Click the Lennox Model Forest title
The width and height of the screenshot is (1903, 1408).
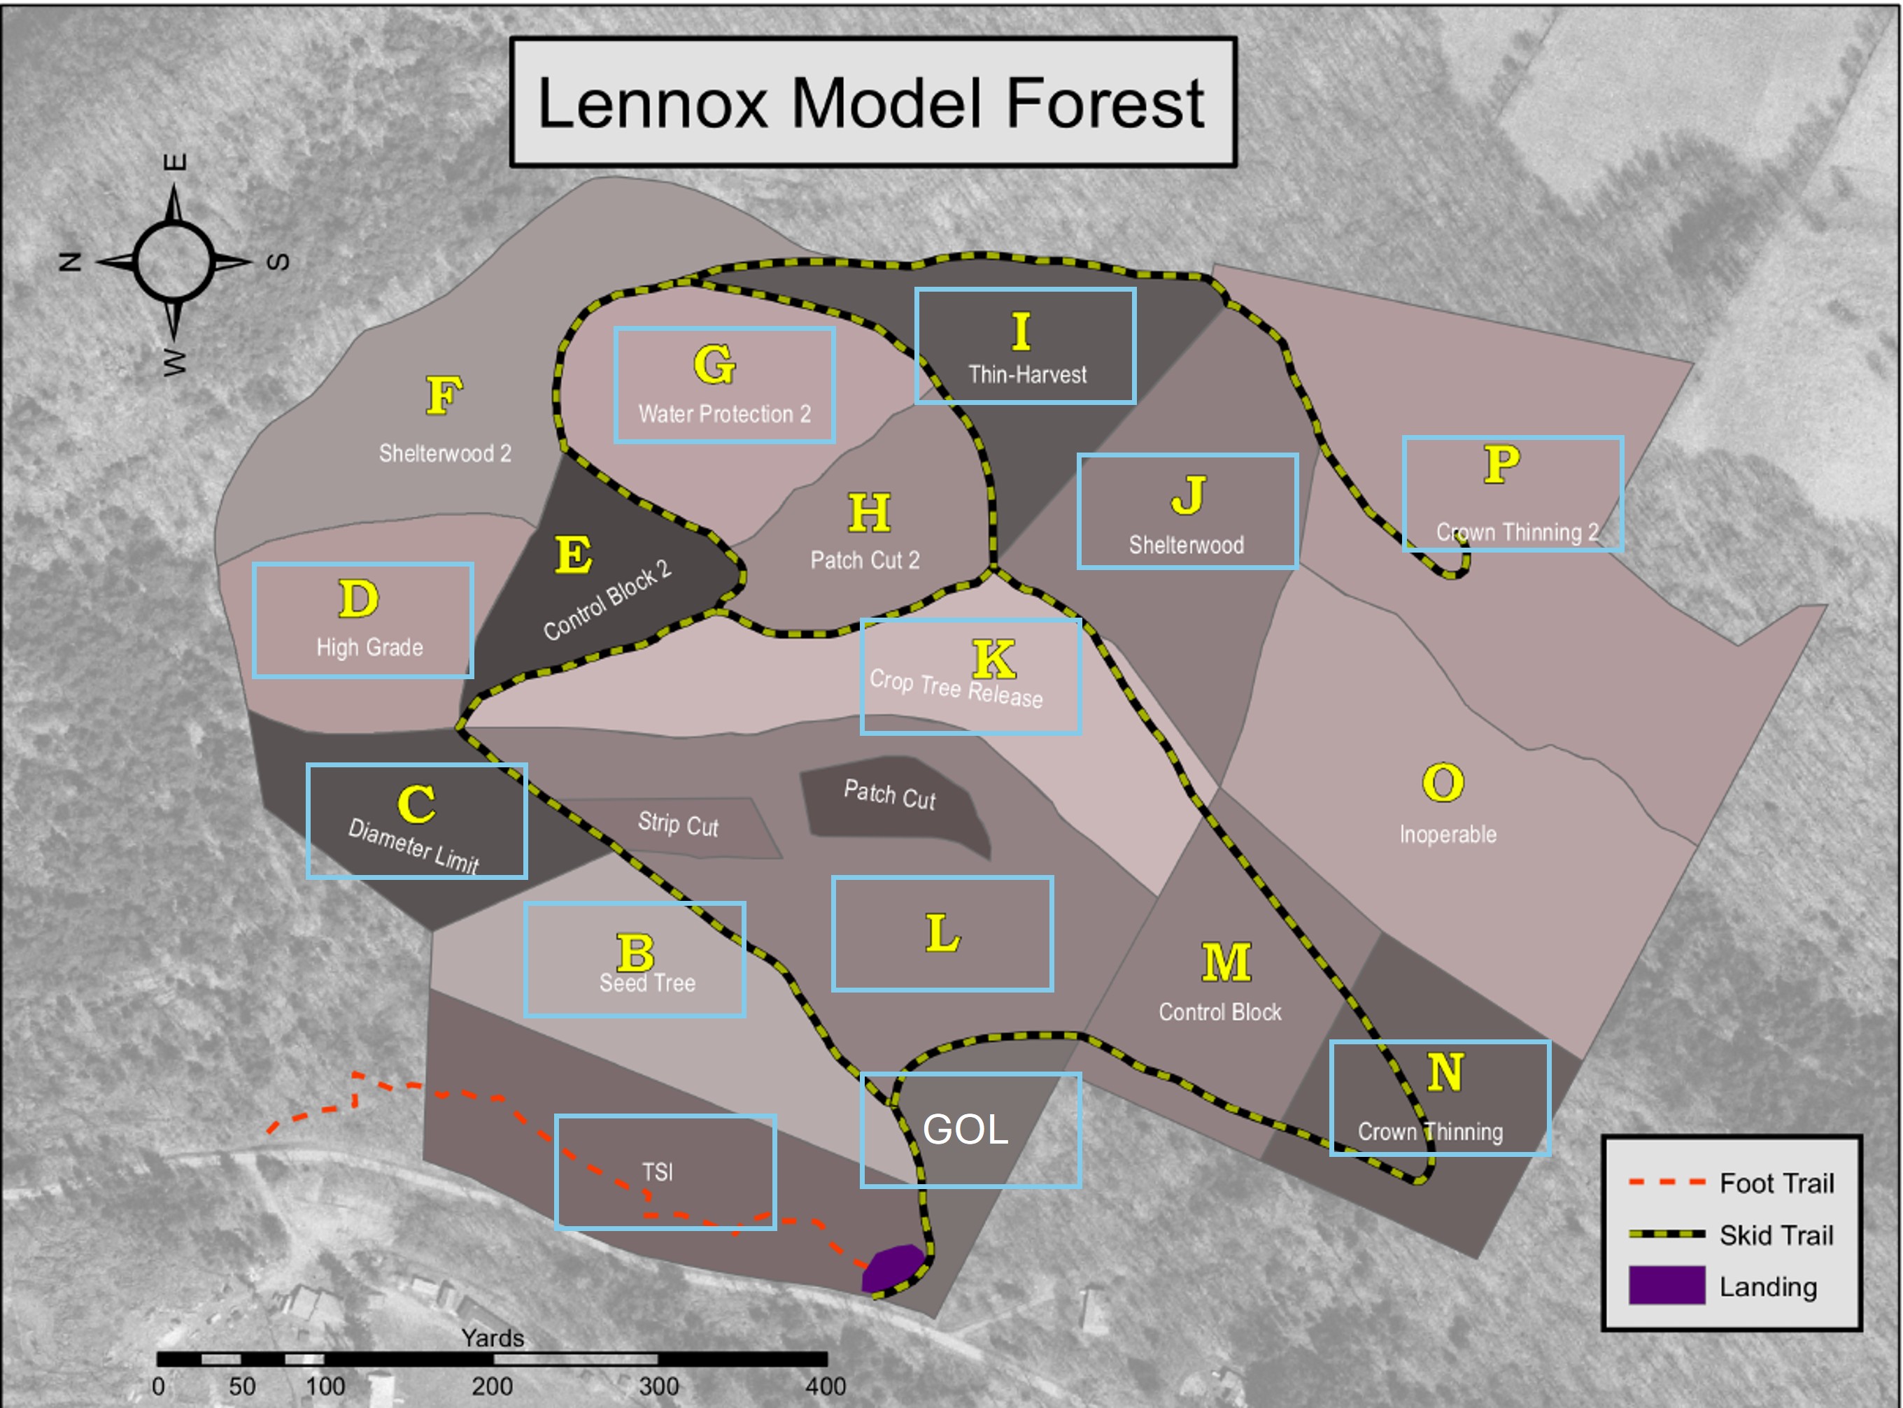(871, 102)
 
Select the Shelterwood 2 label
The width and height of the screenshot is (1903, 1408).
(445, 453)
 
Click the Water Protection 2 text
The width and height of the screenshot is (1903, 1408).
(724, 414)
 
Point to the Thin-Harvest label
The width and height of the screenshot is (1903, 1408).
(1027, 374)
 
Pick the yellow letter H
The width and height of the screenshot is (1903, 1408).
(869, 513)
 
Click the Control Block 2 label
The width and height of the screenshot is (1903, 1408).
(607, 600)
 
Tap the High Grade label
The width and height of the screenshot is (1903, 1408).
(369, 648)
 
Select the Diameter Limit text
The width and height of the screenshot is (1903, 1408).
(413, 846)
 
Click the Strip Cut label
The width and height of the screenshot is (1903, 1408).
(678, 824)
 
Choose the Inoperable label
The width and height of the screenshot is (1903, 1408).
(1448, 834)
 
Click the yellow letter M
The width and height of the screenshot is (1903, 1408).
(1226, 962)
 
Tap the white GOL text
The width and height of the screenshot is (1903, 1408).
(965, 1130)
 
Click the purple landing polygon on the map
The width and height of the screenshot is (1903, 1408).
(893, 1267)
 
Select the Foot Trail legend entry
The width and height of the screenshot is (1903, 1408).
(1776, 1183)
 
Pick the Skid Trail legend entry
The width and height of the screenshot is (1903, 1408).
(1776, 1235)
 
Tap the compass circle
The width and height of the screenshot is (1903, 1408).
(174, 262)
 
